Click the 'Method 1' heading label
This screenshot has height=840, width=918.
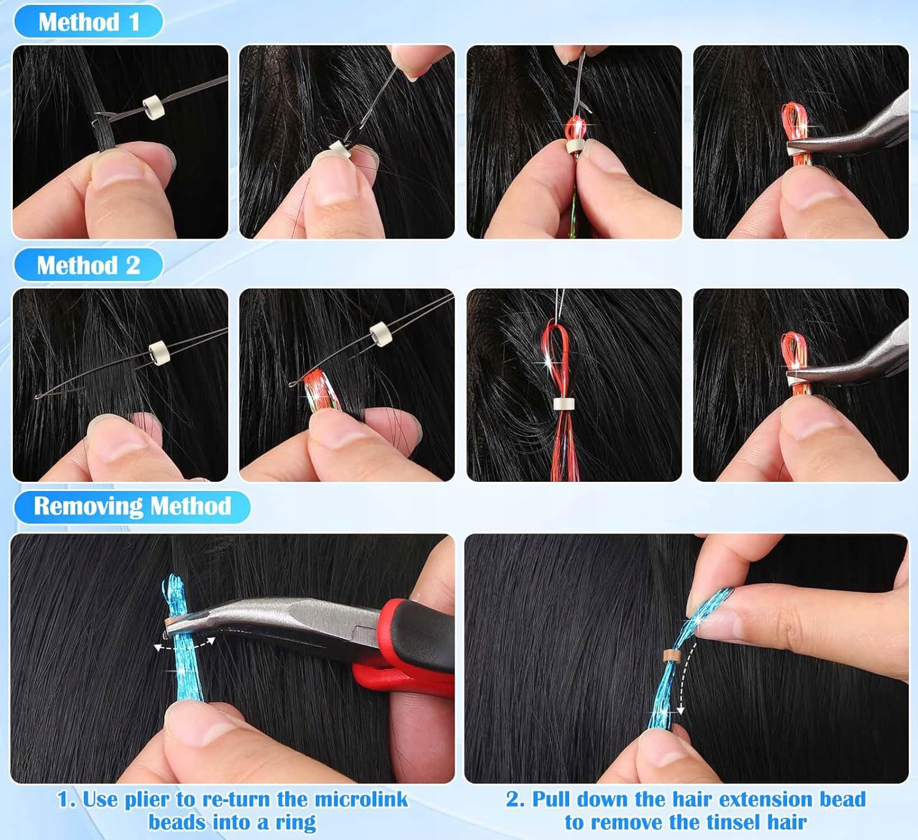point(89,21)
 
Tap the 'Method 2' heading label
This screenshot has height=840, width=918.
point(88,265)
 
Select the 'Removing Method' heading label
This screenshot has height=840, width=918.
point(132,506)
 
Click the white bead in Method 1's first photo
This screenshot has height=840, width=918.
point(151,108)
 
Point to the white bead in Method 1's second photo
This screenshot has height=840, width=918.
point(340,150)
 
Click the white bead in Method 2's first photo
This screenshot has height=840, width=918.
point(157,353)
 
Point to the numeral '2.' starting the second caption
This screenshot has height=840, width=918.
point(514,800)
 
